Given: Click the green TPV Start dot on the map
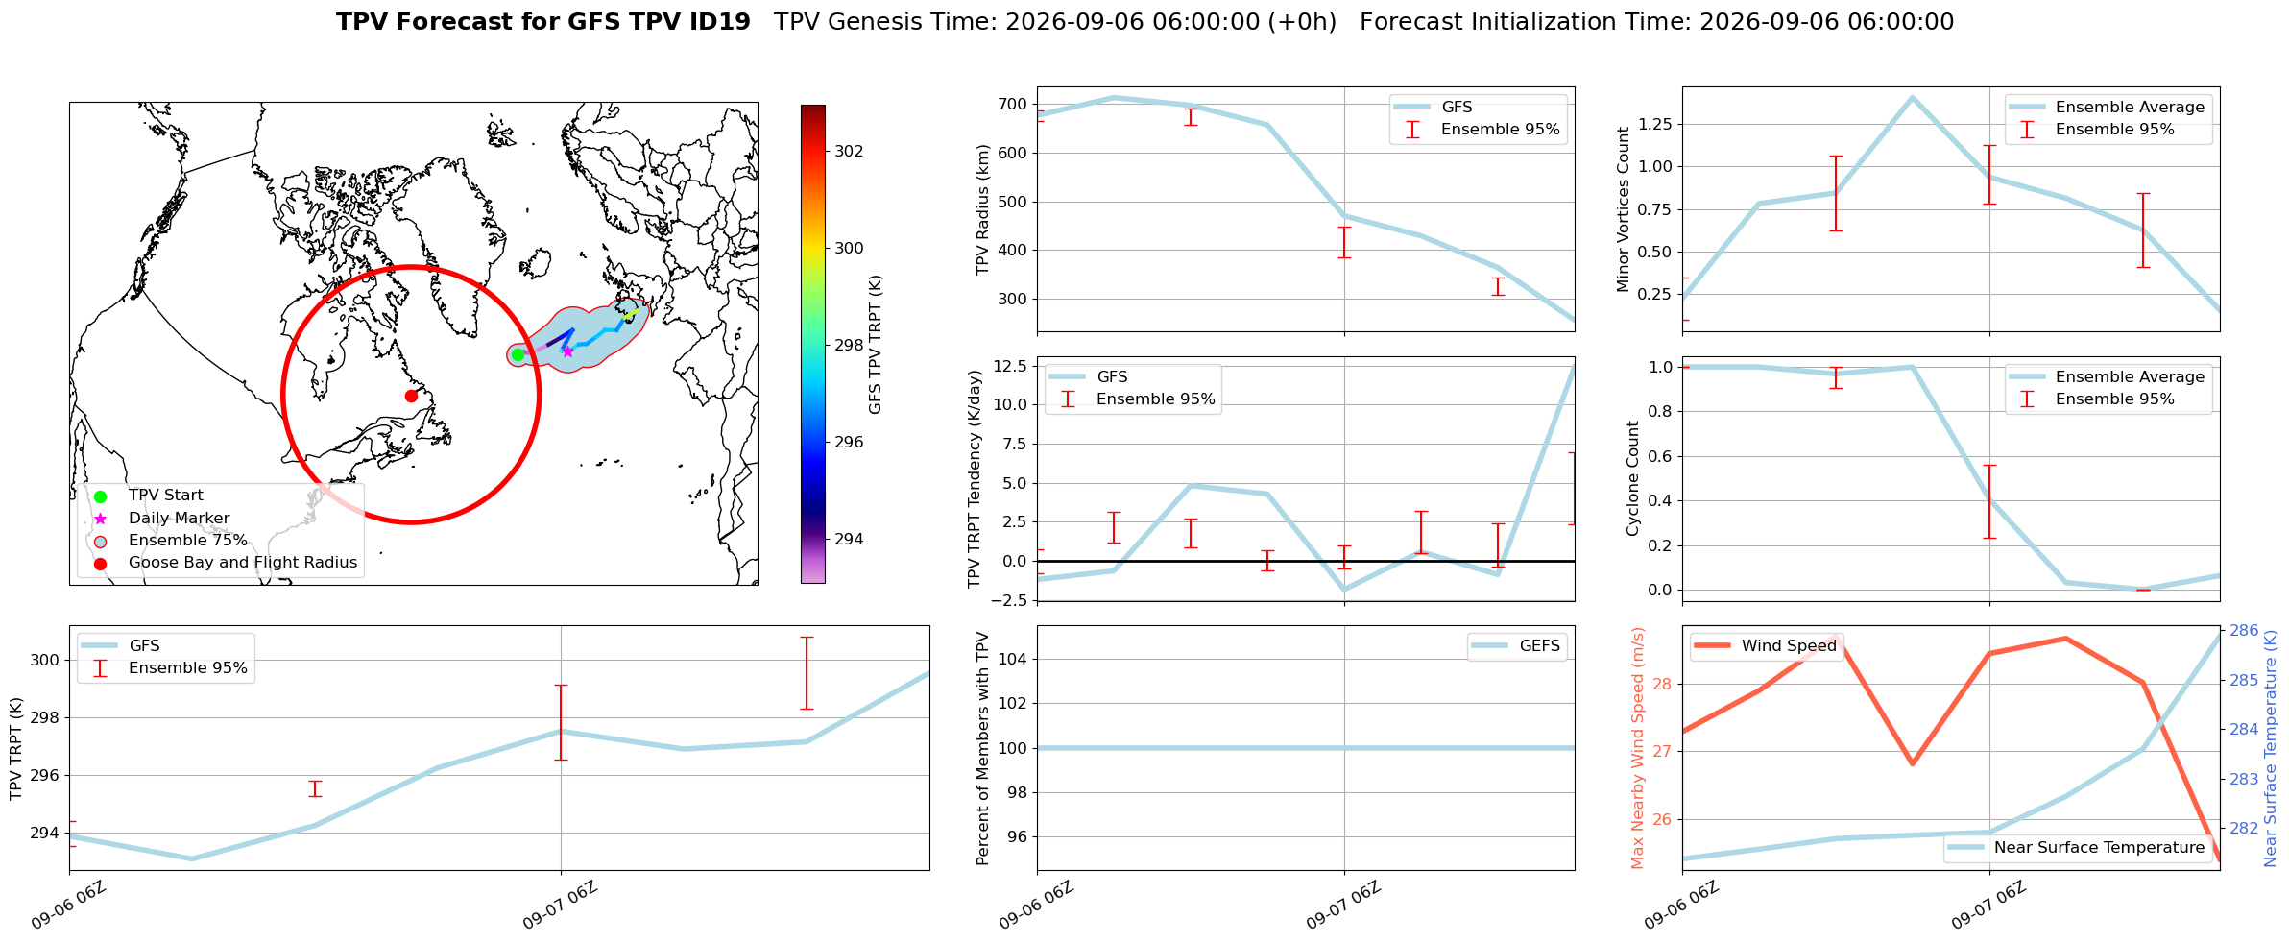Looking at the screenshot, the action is point(518,354).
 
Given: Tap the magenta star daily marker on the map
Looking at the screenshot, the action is point(567,351).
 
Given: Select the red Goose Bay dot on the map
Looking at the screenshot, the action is point(411,396).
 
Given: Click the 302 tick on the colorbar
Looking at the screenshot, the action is point(849,151).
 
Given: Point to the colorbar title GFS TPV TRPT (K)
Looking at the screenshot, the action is point(875,345).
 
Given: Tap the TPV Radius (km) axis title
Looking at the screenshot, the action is point(983,209).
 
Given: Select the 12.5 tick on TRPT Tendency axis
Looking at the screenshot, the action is point(1010,366).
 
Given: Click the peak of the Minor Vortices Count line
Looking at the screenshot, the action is point(1912,97).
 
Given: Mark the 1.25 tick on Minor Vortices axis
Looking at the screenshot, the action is point(1655,124).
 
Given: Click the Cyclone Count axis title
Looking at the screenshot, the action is point(1632,478).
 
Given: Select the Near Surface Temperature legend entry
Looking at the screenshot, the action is point(2077,848).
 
